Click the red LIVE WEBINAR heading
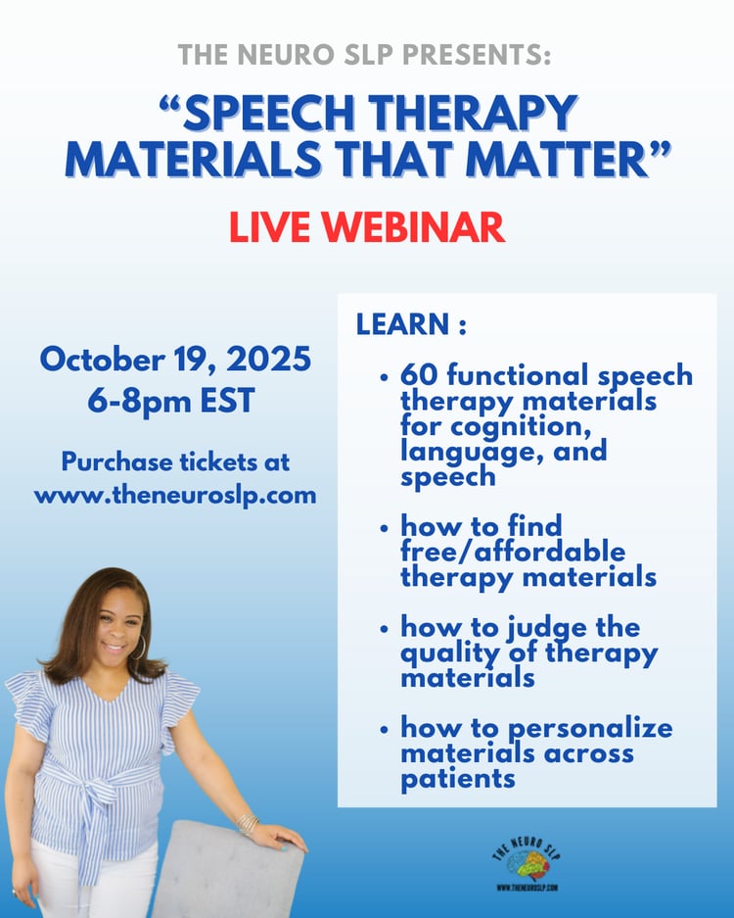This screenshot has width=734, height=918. point(367,227)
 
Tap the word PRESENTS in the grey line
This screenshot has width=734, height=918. point(477,55)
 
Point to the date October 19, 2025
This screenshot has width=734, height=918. point(175,359)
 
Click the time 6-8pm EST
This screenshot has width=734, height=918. point(171,401)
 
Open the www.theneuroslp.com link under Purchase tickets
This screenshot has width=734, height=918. point(175,496)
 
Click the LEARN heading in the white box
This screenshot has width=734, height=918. point(411,324)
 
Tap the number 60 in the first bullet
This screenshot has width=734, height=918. point(419,375)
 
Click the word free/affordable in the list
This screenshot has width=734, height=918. point(513,553)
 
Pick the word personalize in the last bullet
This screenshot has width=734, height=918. point(590,730)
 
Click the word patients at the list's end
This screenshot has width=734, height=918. point(458,780)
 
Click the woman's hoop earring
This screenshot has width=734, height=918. point(139,647)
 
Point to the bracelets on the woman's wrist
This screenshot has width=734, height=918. point(248,824)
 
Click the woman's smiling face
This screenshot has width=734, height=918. point(118,628)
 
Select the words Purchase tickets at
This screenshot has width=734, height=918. point(175,461)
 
